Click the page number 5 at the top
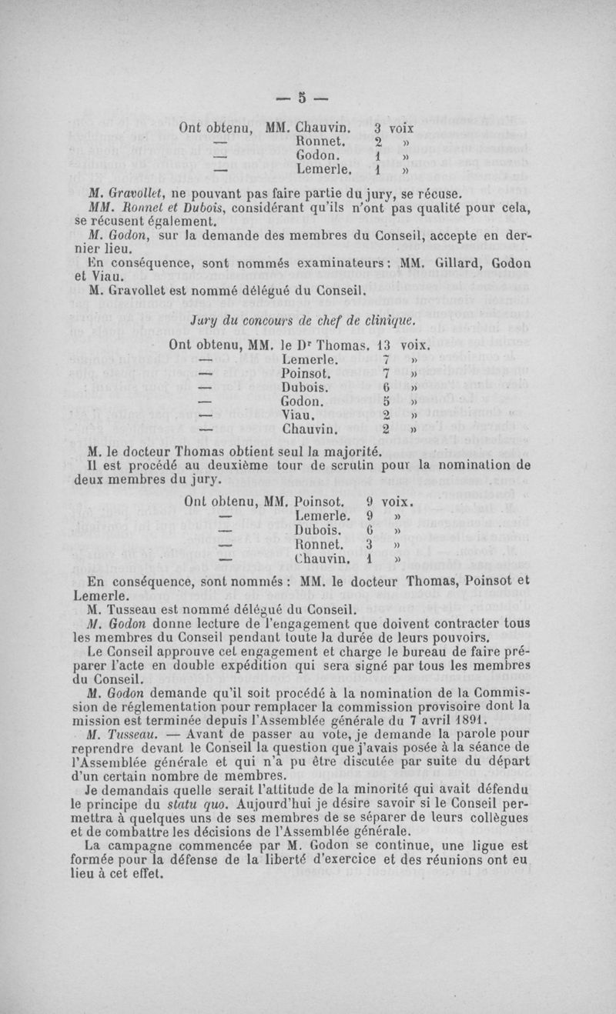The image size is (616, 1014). point(303,98)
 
